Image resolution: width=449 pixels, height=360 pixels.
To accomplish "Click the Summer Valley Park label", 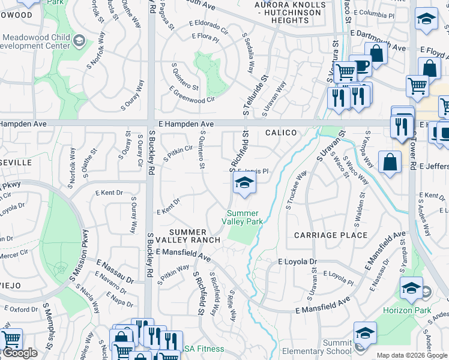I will coord(243,217).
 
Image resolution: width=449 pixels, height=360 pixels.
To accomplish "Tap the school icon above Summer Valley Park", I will coord(244,184).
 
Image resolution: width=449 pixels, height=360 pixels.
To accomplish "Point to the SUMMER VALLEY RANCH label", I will coord(188,236).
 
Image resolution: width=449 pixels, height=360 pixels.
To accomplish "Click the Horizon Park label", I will coord(414,310).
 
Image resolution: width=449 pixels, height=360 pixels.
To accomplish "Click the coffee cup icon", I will coord(361,65).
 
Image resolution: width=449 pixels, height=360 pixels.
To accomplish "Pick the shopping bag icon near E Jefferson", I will coord(390,162).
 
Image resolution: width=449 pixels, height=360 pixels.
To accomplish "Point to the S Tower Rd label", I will coord(411,149).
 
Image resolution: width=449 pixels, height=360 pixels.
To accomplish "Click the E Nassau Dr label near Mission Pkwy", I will coord(115,271).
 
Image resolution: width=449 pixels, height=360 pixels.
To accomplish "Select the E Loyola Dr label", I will coord(297,262).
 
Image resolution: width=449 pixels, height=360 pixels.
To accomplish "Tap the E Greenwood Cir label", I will coord(192,95).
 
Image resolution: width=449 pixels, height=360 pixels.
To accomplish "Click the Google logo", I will coord(19,353).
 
